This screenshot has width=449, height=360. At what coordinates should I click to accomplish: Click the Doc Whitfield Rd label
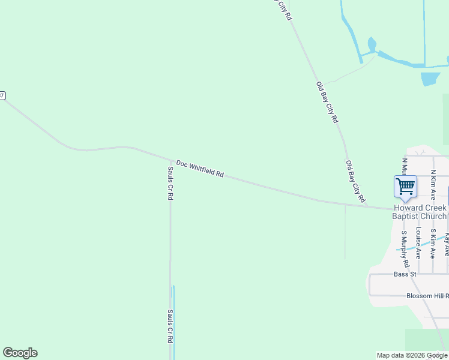(x=200, y=168)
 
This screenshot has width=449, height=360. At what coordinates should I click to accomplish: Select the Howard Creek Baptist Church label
(x=420, y=212)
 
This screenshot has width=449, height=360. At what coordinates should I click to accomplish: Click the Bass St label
(x=405, y=274)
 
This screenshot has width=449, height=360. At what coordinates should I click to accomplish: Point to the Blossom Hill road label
(x=427, y=296)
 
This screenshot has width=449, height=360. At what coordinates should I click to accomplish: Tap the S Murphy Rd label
(x=405, y=249)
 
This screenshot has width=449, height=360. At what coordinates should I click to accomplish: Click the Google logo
(x=20, y=353)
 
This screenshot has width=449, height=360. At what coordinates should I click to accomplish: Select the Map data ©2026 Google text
(x=412, y=355)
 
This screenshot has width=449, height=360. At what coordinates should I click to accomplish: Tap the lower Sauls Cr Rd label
(x=170, y=326)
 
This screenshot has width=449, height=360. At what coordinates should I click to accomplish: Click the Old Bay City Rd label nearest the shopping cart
(x=355, y=181)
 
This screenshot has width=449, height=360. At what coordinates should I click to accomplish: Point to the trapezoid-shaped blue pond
(x=430, y=79)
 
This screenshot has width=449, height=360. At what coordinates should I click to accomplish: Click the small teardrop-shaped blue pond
(x=372, y=45)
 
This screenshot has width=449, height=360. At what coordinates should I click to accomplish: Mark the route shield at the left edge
(x=2, y=96)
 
